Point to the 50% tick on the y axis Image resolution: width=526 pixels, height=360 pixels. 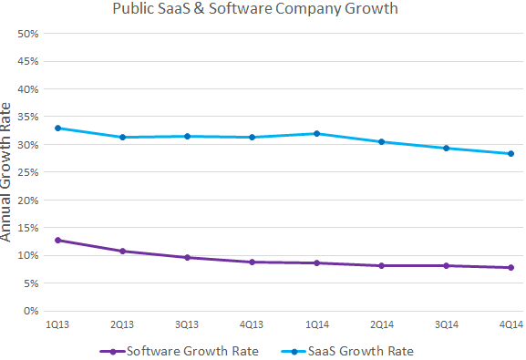[27, 34]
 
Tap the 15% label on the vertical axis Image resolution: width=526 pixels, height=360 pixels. [27, 228]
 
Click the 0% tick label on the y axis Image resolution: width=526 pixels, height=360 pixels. [30, 311]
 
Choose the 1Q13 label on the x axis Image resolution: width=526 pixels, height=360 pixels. [57, 324]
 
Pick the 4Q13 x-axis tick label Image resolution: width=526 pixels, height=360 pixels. [252, 324]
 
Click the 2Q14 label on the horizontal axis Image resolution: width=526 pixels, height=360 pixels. [382, 324]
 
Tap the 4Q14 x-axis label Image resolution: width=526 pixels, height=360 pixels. [511, 324]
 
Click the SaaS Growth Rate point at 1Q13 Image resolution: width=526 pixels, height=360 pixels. [57, 128]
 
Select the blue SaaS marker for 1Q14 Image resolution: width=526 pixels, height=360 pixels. [317, 133]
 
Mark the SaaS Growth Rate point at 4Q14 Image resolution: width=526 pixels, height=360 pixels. [511, 153]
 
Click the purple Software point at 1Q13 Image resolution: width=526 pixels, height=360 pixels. [57, 240]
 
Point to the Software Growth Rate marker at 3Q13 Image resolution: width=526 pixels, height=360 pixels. [187, 257]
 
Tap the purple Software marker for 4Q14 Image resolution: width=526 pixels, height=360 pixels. [511, 267]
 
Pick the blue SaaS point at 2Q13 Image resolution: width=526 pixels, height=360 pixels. [122, 137]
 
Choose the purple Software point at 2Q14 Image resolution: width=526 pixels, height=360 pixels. [382, 265]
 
